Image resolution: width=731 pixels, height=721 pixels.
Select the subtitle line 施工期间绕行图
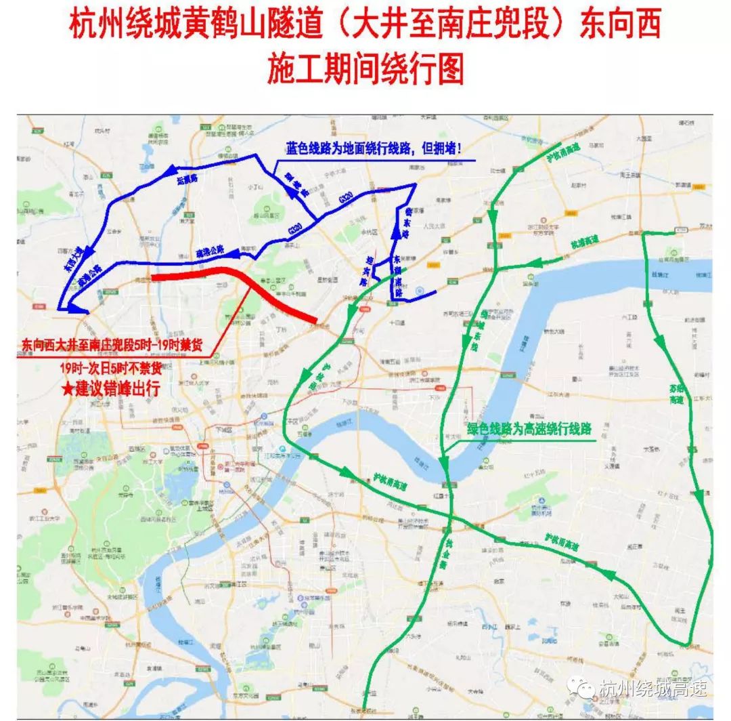365,68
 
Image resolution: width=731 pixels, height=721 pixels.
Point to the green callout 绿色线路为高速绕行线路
529,429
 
